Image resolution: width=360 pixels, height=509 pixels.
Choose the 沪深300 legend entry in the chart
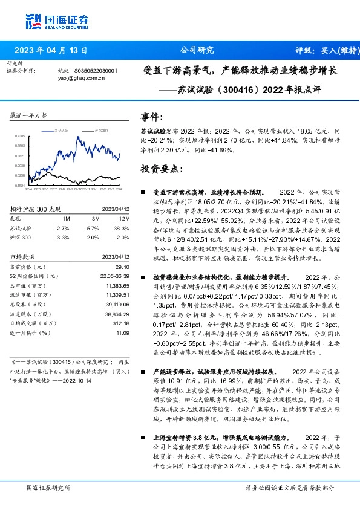coord(100,130)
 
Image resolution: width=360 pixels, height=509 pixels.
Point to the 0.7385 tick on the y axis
coord(20,137)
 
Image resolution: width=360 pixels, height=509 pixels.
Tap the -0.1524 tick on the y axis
coord(20,185)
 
